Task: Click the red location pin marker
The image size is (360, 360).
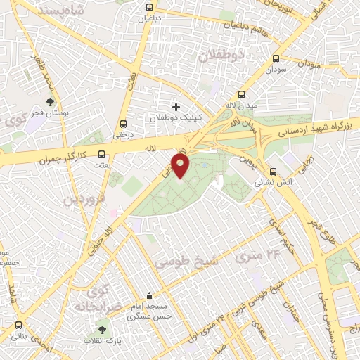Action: click(181, 166)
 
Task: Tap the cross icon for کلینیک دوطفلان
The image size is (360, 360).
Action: click(175, 107)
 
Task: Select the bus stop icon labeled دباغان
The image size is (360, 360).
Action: click(148, 8)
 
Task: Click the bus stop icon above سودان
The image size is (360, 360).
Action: click(275, 59)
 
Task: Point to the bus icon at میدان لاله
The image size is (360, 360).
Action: click(242, 94)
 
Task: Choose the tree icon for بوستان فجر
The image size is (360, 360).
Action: click(49, 103)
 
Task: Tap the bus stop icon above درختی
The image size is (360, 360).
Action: click(124, 120)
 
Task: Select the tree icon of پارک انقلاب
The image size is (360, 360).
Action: click(103, 328)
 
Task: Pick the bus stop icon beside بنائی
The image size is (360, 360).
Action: click(19, 326)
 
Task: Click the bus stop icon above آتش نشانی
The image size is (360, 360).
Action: click(273, 171)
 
